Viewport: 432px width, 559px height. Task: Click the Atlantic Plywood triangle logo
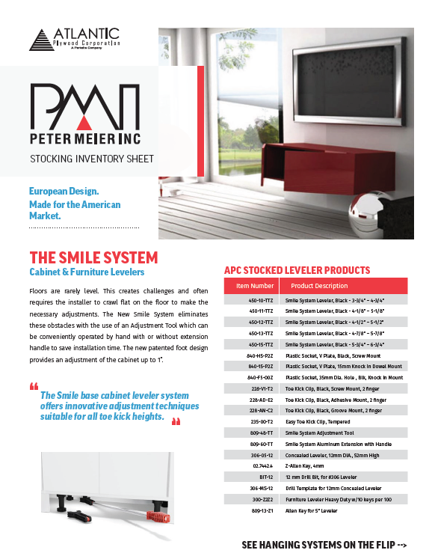pos(40,40)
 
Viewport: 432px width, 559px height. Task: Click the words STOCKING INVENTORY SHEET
pos(92,159)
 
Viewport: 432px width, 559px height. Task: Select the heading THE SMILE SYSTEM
pos(93,258)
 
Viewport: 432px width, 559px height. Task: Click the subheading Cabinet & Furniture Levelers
pos(87,273)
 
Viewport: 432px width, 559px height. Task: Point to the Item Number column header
pos(255,286)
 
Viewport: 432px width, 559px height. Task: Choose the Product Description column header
pos(319,286)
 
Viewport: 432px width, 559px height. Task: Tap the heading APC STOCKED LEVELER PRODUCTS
pos(297,270)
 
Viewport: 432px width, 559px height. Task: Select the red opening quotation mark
pos(33,388)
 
